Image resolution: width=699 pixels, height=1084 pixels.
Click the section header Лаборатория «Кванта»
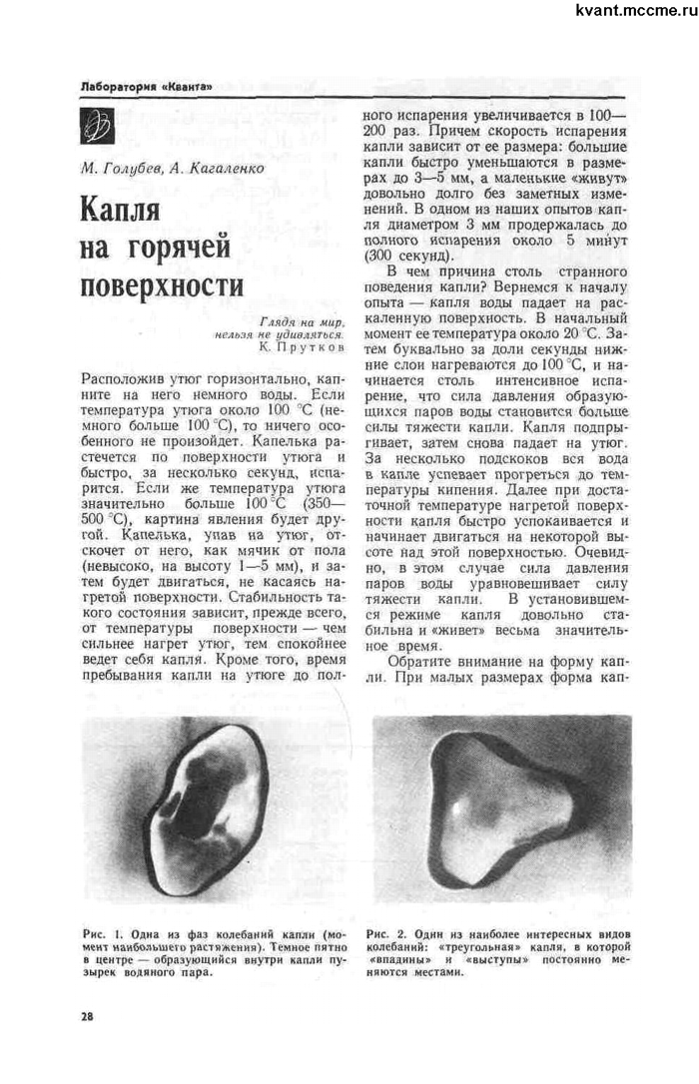(x=145, y=88)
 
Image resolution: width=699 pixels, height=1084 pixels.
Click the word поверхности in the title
(x=161, y=283)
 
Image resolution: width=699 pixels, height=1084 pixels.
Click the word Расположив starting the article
(x=119, y=381)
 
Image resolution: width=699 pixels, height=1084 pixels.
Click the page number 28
(x=87, y=1016)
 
